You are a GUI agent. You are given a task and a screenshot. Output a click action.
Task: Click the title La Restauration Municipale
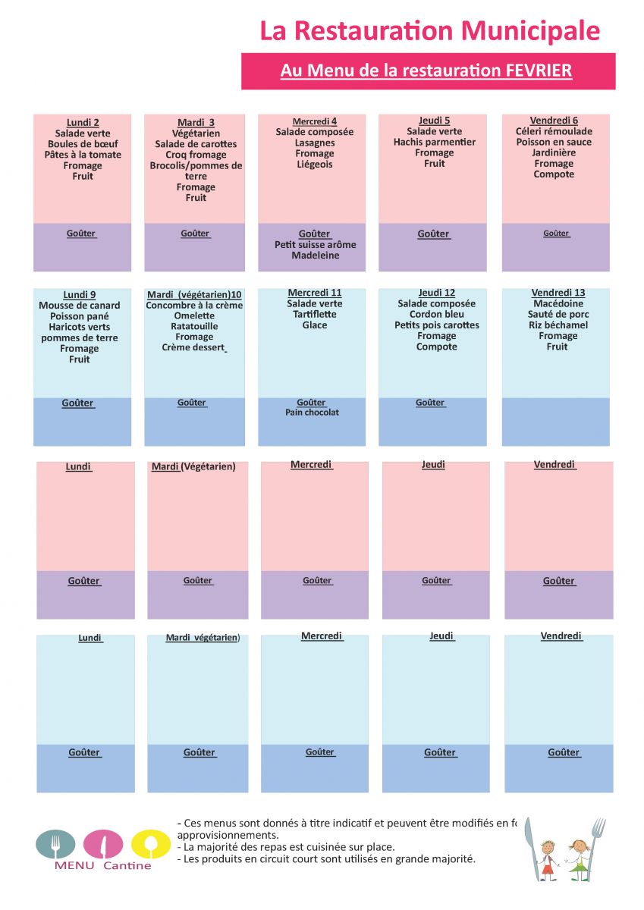[429, 31]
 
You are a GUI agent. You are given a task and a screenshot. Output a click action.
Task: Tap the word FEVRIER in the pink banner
[539, 71]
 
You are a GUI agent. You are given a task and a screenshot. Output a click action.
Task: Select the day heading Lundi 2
[83, 123]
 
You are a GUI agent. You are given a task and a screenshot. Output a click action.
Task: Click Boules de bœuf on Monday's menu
[83, 144]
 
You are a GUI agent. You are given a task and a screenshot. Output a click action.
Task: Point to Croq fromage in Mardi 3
[196, 155]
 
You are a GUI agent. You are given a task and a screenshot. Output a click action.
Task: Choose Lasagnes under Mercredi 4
[315, 143]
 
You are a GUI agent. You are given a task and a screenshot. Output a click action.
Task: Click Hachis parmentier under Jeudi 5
[435, 142]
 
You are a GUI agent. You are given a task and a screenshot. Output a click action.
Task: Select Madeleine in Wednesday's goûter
[316, 256]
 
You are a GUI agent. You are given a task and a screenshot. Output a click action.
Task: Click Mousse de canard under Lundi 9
[80, 306]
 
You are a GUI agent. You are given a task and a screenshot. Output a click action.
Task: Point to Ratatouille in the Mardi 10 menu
[195, 326]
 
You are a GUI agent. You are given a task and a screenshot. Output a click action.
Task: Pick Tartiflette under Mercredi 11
[315, 314]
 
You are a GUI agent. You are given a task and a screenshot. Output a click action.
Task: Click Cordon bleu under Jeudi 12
[437, 314]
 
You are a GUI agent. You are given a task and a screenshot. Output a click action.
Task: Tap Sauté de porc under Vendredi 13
[558, 314]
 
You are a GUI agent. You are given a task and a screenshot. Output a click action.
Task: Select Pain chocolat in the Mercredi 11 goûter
[312, 413]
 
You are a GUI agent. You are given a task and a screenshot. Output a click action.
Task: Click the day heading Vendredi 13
[558, 293]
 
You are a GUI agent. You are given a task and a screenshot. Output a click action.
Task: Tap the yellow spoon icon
[150, 844]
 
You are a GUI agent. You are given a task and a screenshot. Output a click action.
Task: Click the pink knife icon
[103, 844]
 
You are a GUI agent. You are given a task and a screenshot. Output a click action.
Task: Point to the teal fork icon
[55, 844]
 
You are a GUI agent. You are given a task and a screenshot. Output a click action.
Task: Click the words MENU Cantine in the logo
[103, 866]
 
